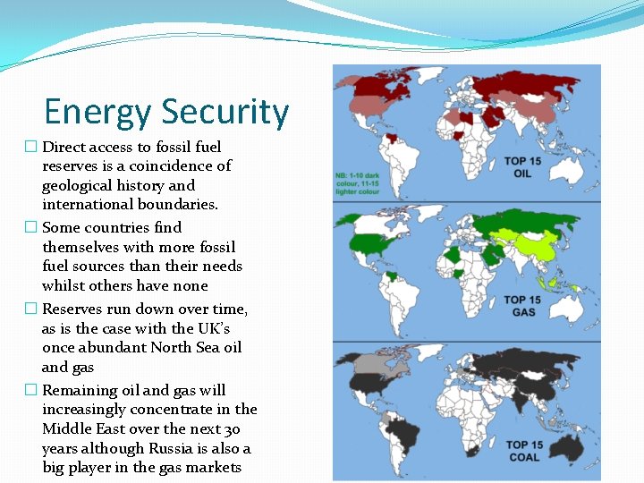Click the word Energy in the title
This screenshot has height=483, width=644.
pos(98,113)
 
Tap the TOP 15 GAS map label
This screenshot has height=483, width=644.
pos(522,306)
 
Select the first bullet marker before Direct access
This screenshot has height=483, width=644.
pos(30,147)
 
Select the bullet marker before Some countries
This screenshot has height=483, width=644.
pos(30,228)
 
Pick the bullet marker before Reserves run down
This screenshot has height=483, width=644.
pos(30,309)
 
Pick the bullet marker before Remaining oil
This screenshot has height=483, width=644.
pos(30,391)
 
